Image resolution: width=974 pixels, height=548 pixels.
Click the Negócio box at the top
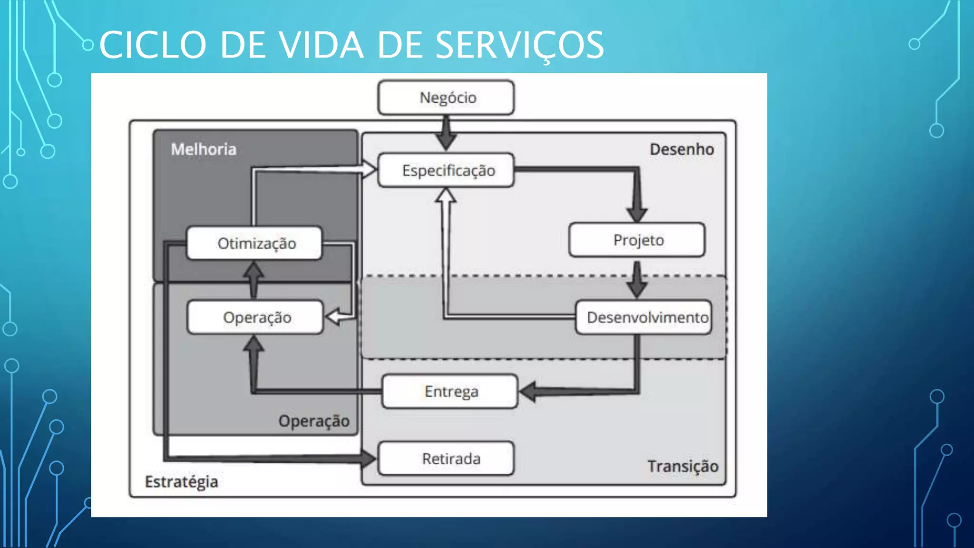(446, 98)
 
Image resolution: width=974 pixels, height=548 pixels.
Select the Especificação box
(446, 170)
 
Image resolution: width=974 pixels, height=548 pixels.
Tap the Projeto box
(637, 240)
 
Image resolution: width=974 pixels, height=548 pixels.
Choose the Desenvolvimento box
(643, 317)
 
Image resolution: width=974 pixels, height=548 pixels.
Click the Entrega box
(450, 391)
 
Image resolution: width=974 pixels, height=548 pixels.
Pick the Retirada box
(446, 459)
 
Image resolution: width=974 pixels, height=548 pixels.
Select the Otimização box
(254, 244)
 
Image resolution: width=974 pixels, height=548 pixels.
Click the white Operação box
(255, 317)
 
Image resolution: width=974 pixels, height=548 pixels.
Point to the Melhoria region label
(204, 149)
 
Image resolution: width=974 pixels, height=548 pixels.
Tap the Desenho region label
(682, 149)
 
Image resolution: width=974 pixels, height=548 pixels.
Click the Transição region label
(682, 466)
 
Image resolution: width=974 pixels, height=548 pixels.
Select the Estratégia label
(181, 481)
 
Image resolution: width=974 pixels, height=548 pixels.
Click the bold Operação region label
(314, 421)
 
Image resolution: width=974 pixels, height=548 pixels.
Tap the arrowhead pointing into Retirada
(368, 459)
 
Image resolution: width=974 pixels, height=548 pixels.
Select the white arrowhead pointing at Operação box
(334, 317)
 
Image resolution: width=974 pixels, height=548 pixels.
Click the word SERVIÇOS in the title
(519, 45)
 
